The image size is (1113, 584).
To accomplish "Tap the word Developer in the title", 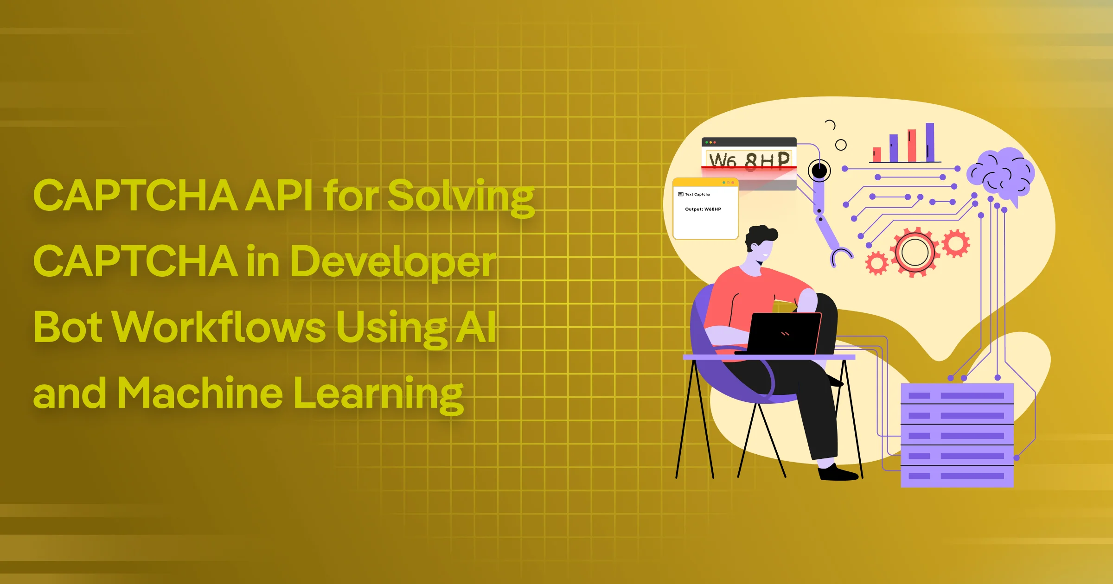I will (x=393, y=262).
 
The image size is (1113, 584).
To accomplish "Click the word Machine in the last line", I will (x=200, y=393).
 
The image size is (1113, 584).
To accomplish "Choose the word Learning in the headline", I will (x=378, y=394).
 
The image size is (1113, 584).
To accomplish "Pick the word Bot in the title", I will (x=68, y=328).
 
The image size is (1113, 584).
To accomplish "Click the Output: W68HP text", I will (x=703, y=209).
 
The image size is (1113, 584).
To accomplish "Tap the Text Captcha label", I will (x=697, y=195).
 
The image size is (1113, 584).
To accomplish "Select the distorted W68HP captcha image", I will (x=749, y=160).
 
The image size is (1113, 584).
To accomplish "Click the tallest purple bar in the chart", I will (x=930, y=142).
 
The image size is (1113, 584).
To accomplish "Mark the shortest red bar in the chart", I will (x=876, y=155).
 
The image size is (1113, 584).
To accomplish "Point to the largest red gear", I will (x=915, y=253).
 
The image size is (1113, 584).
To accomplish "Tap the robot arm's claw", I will (x=840, y=256).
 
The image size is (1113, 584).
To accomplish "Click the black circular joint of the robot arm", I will (x=819, y=171).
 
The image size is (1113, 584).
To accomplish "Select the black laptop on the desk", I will (x=784, y=334).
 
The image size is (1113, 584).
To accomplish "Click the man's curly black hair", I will (x=761, y=235).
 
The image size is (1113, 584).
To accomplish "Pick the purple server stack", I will (x=957, y=435).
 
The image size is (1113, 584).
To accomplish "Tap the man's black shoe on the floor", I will (x=837, y=473).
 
